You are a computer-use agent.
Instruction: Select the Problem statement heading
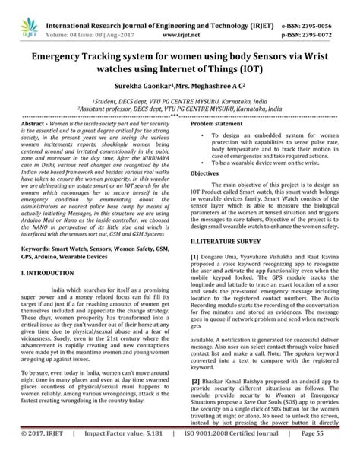coord(224,122)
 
